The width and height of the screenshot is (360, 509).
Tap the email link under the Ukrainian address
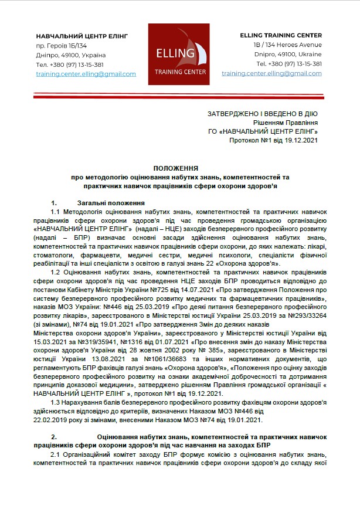coord(86,74)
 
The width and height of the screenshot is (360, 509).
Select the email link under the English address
coord(272,74)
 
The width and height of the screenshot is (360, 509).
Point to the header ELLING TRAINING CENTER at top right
coord(281,36)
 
